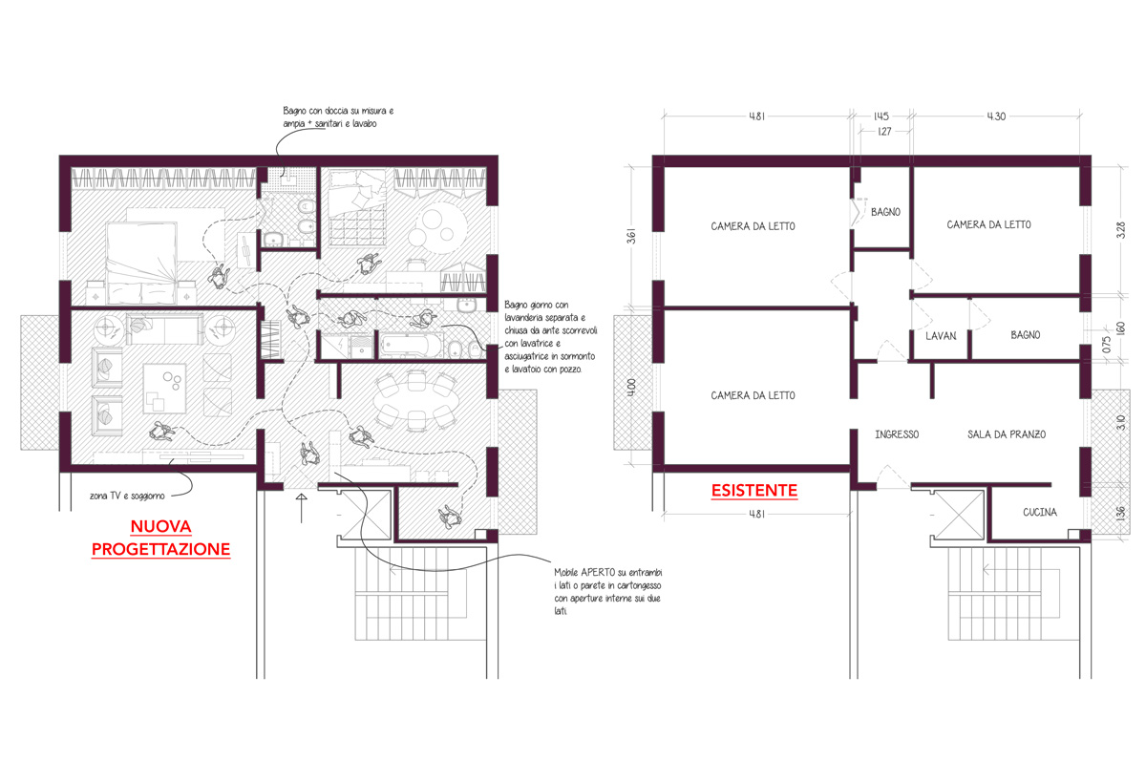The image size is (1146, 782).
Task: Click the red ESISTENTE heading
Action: click(x=754, y=491)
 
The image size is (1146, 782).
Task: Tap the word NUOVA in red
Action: click(x=160, y=526)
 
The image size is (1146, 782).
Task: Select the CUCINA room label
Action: click(x=1040, y=512)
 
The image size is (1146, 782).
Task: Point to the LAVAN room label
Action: click(x=941, y=336)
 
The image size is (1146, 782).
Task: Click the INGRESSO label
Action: click(x=897, y=434)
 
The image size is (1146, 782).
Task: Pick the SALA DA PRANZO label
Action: click(x=1007, y=434)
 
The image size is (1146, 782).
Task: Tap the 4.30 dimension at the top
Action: click(x=996, y=116)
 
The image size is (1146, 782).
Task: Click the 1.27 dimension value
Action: click(x=884, y=132)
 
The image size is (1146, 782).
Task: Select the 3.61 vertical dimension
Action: click(x=632, y=236)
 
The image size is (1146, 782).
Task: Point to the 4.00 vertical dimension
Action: click(x=632, y=387)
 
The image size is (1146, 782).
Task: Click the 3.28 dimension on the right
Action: click(x=1120, y=230)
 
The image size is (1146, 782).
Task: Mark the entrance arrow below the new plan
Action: click(x=302, y=508)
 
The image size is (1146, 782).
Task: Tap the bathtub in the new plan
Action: click(x=412, y=347)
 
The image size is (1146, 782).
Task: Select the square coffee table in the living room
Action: click(x=164, y=389)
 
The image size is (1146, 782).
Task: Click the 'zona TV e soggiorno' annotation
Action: click(x=127, y=496)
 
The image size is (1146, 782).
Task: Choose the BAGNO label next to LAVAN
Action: click(x=1026, y=335)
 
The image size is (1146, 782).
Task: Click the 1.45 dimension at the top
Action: click(x=881, y=116)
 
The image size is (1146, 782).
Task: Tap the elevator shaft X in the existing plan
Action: click(x=959, y=515)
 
